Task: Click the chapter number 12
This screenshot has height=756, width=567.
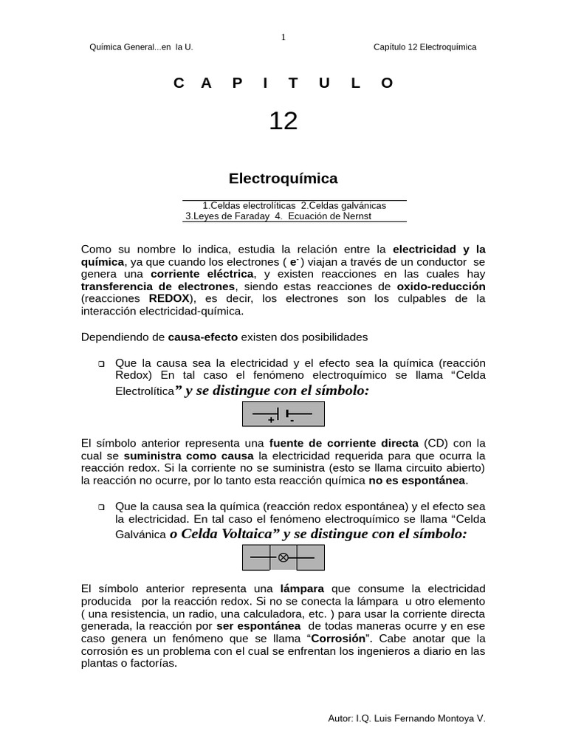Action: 283,120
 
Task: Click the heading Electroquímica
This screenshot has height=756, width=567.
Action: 283,178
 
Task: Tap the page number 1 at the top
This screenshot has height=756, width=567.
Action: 283,37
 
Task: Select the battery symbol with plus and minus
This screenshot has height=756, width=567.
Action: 283,415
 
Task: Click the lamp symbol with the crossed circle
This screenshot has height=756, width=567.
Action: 283,557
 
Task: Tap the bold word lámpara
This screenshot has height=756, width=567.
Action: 303,588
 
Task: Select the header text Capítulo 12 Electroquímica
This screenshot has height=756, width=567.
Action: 425,47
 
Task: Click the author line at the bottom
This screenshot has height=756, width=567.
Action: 406,718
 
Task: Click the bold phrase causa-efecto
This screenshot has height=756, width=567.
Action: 203,337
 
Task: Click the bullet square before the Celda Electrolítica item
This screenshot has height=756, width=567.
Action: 101,364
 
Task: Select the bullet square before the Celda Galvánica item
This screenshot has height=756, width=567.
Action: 101,507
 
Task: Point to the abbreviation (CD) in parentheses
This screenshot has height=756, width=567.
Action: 435,443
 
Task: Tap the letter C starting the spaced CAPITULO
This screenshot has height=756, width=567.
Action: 178,83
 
